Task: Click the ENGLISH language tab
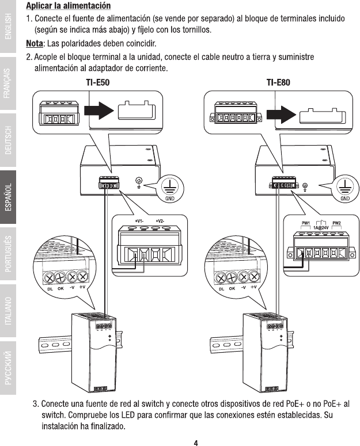click(x=8, y=26)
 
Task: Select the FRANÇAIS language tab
click(x=8, y=83)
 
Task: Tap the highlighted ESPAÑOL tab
click(x=8, y=197)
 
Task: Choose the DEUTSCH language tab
click(x=8, y=140)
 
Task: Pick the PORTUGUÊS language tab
click(x=8, y=254)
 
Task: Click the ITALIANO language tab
click(x=8, y=311)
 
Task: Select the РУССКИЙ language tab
click(x=8, y=368)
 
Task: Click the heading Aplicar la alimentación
click(x=69, y=6)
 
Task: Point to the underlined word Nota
click(x=35, y=44)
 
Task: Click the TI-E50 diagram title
click(x=97, y=82)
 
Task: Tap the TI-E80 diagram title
click(x=278, y=82)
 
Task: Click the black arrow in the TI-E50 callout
click(x=98, y=110)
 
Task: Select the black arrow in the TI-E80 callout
click(x=281, y=115)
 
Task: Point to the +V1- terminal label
click(x=139, y=221)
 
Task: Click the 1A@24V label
click(x=321, y=227)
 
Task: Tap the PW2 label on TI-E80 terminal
click(x=336, y=223)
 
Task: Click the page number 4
click(x=196, y=443)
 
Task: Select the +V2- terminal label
click(x=160, y=221)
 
